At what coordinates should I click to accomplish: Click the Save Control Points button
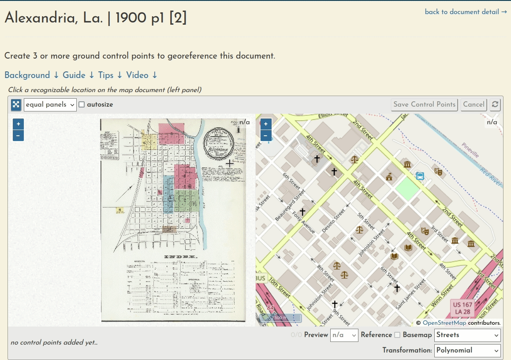coord(424,104)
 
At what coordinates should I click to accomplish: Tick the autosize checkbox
coord(82,105)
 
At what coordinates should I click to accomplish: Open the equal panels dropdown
coord(50,105)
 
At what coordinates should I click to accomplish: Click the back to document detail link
coord(466,12)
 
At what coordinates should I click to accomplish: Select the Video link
coord(142,75)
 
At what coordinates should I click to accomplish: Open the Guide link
coord(78,75)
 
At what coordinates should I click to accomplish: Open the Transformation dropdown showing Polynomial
coord(467,350)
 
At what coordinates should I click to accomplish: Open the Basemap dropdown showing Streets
coord(467,335)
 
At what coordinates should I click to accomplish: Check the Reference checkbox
coord(397,335)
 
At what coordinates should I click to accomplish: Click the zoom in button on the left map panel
coord(18,124)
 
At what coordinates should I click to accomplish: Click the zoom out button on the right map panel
coord(266,135)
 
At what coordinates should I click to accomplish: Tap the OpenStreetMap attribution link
coord(444,323)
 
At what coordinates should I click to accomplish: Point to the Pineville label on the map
coord(470,150)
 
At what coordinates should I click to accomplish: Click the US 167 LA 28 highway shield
coord(462,308)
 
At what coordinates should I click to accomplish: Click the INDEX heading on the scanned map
coord(181,257)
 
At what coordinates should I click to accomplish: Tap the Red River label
coord(491,174)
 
